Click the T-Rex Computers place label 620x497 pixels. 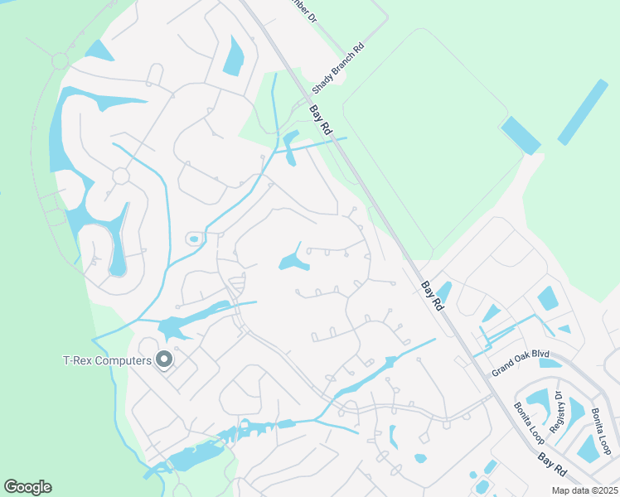(107, 360)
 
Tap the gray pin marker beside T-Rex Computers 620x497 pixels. (164, 359)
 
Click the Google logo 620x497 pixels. (27, 487)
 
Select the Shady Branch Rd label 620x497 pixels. (337, 68)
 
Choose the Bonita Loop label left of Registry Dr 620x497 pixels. (527, 420)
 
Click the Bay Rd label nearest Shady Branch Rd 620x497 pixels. (321, 120)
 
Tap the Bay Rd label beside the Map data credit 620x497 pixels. (551, 465)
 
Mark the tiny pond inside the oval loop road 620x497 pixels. (194, 239)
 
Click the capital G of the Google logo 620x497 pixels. (11, 487)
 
